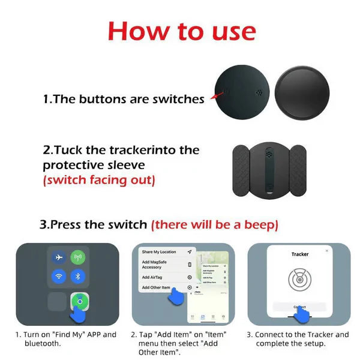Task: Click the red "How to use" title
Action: point(181,31)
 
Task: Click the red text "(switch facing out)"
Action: point(98,179)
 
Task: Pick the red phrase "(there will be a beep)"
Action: point(214,225)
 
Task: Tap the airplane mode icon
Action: point(59,257)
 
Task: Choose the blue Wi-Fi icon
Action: point(59,277)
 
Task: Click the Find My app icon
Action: point(79,301)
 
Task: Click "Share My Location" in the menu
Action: point(159,251)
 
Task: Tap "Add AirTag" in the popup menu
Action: point(154,277)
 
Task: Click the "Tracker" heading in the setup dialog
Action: point(299,254)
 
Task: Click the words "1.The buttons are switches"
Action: point(124,99)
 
